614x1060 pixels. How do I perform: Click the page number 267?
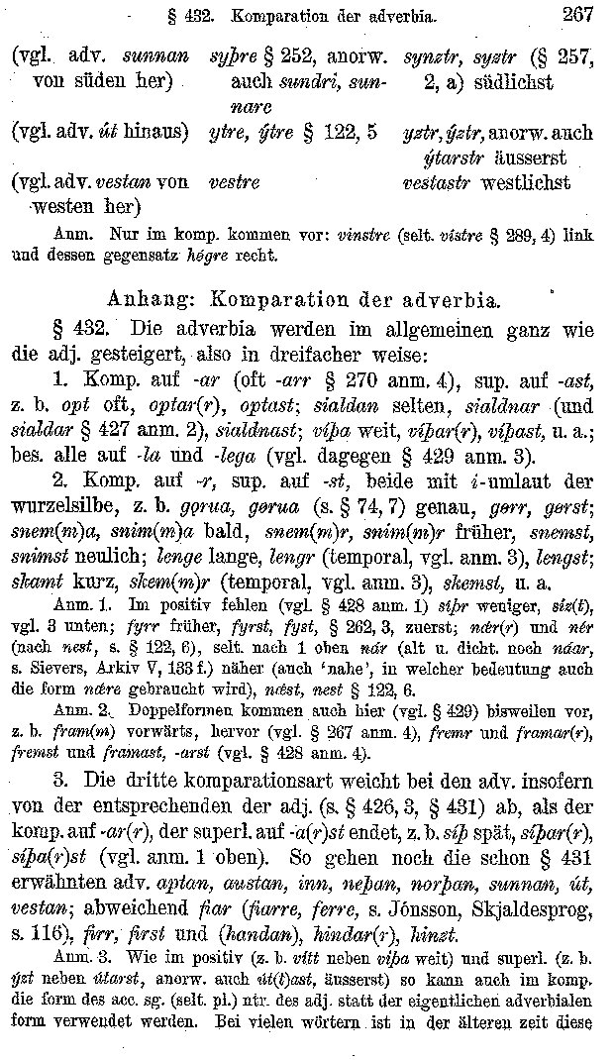coord(575,14)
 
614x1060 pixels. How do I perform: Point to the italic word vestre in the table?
coord(235,183)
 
